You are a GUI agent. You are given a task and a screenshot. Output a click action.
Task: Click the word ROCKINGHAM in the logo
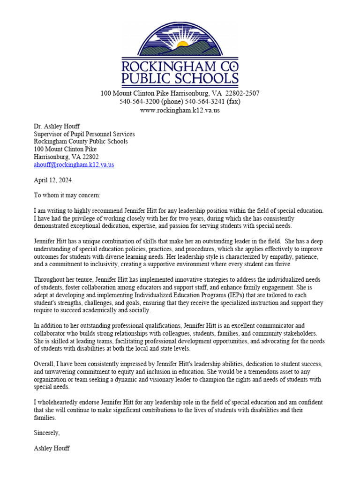point(180,66)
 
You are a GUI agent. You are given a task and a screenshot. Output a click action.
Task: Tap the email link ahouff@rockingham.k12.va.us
point(74,165)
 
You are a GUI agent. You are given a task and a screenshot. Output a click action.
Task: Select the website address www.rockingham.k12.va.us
point(180,110)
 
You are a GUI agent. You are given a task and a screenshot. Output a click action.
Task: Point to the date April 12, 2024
point(53,180)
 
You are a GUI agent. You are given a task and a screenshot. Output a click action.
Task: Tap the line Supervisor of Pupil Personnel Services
point(84,134)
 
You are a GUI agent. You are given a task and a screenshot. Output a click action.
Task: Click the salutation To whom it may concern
point(67,195)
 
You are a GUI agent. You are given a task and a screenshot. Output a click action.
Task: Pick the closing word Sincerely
point(47,433)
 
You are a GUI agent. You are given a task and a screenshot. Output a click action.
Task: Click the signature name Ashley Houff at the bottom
point(52,448)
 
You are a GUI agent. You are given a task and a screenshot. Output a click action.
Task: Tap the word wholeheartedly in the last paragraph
point(61,402)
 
